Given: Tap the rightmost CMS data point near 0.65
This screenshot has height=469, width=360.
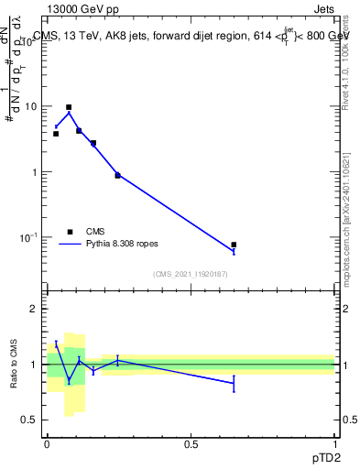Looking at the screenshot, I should pos(234,245).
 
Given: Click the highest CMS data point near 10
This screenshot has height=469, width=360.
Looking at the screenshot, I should pos(69,107).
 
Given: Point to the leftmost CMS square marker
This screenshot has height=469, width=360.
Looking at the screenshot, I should pos(56,134).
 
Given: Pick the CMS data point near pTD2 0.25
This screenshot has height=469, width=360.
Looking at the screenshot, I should pos(117,175).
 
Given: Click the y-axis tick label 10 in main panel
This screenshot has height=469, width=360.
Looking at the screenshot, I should pos(31,106).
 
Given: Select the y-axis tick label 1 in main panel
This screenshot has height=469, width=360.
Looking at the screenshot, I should pos(34,172).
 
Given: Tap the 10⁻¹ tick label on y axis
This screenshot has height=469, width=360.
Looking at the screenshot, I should pos(29,237).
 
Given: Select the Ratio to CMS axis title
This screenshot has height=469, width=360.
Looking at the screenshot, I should pos(15,364).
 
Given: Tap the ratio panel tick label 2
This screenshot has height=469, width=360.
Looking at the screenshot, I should pos(34,310).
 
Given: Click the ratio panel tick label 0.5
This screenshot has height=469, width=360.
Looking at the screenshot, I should pos(29,420).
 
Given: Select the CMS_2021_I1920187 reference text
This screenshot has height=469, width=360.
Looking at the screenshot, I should pos(191,274).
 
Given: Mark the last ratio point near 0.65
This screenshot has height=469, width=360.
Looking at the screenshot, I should pos(234,383).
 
